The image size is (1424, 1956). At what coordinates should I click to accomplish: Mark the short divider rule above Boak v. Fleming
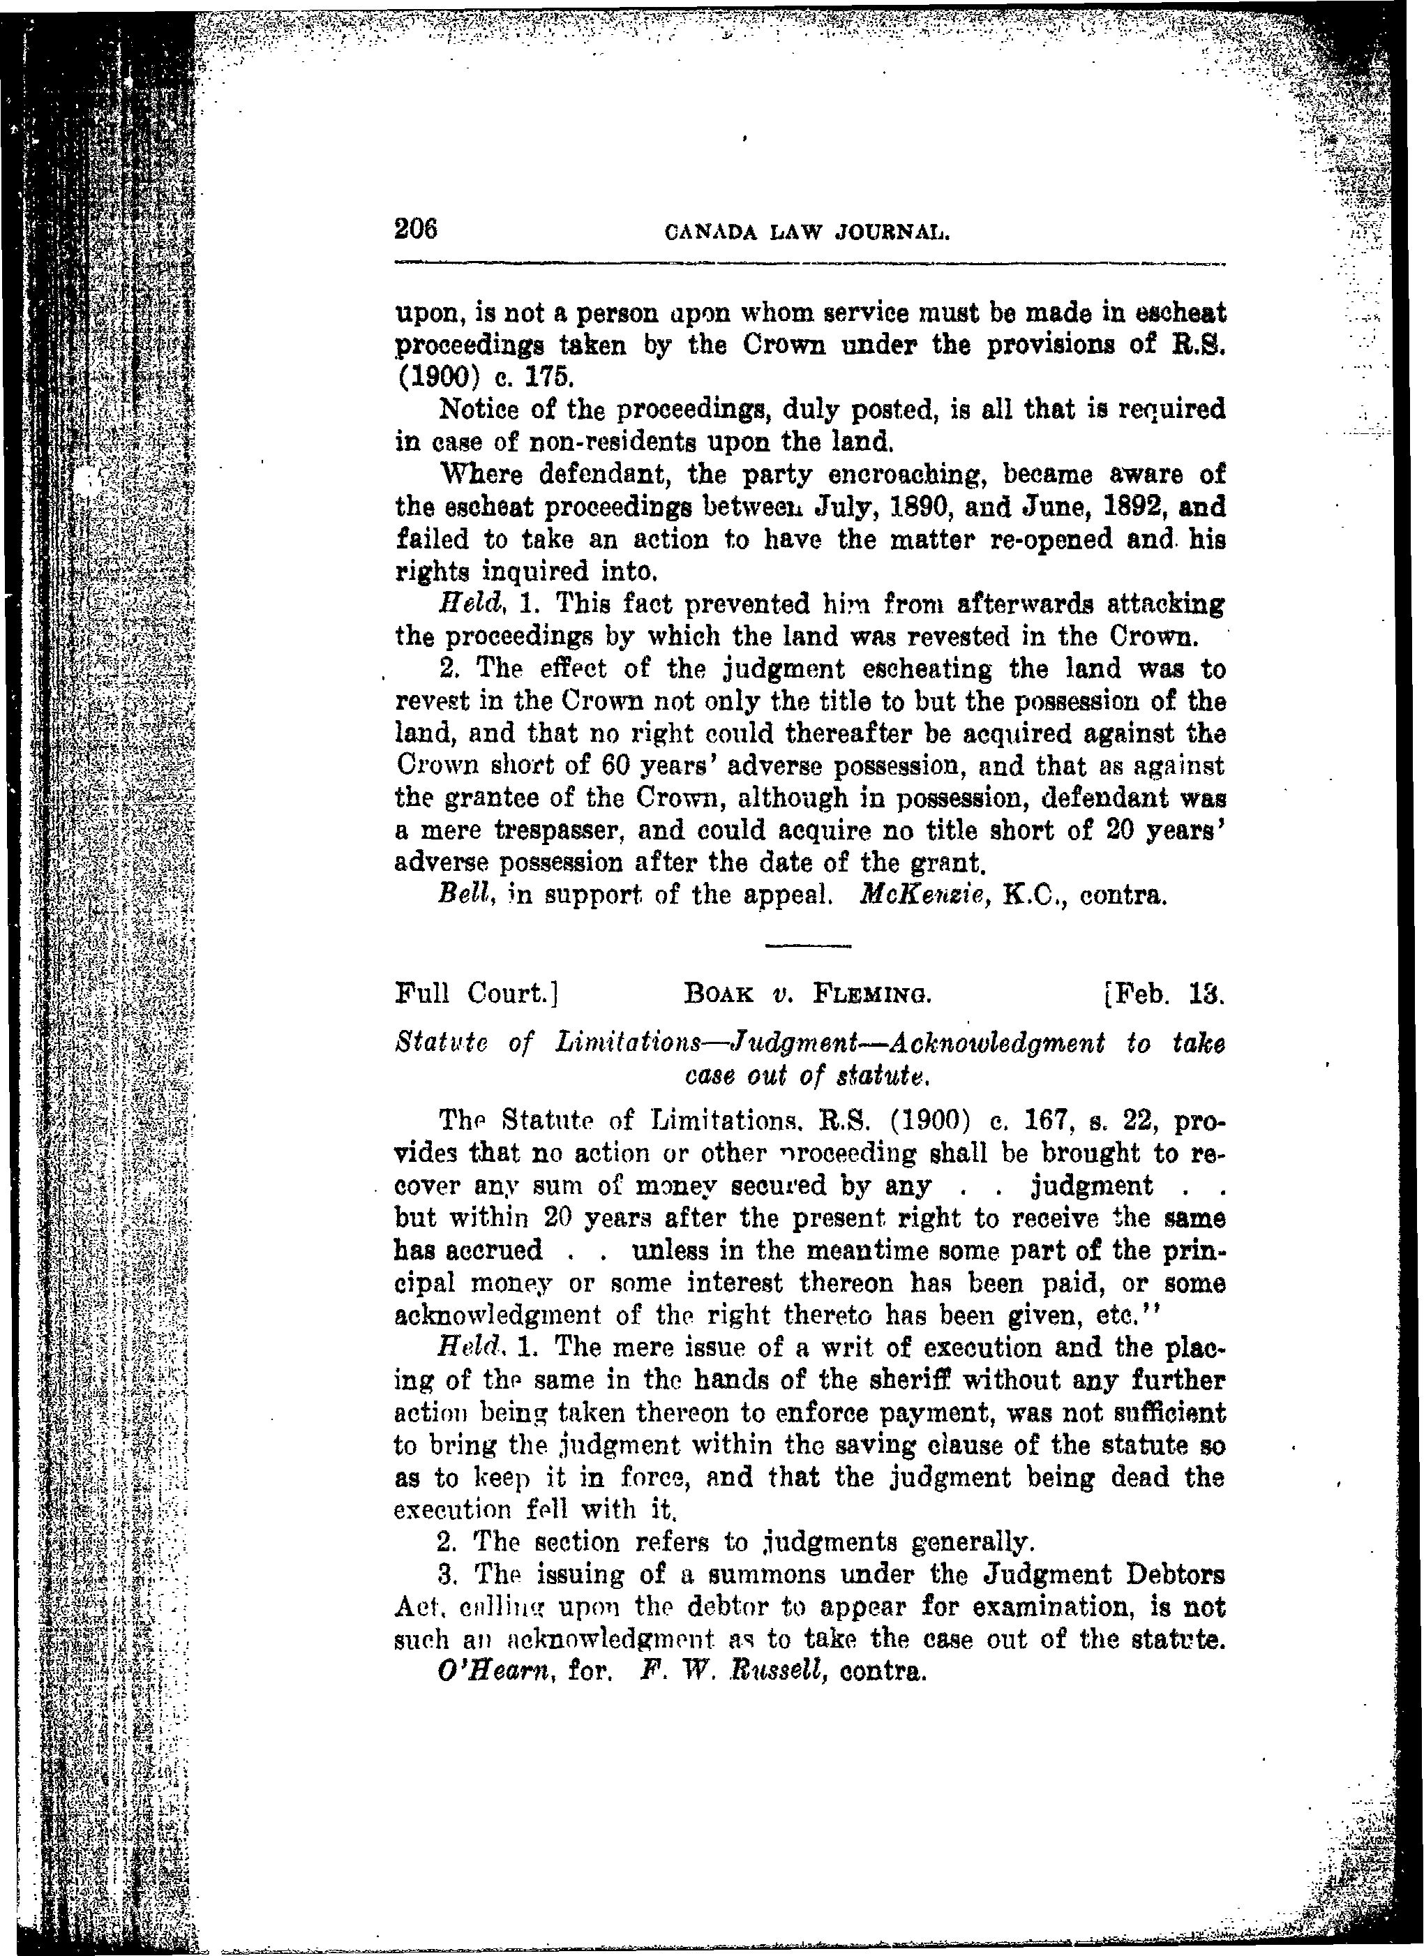(x=808, y=946)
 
